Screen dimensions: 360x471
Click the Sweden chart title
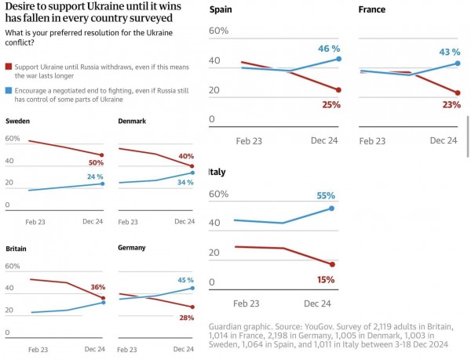pyautogui.click(x=19, y=121)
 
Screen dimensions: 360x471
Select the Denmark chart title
pyautogui.click(x=132, y=121)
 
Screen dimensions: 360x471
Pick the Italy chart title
pyautogui.click(x=217, y=172)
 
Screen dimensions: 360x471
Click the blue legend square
pyautogui.click(x=9, y=91)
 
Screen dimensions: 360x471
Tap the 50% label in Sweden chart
pyautogui.click(x=96, y=162)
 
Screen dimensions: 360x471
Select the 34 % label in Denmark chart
pyautogui.click(x=185, y=183)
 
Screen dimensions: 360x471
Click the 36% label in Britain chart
pyautogui.click(x=97, y=287)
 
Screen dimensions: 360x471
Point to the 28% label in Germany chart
pyautogui.click(x=185, y=317)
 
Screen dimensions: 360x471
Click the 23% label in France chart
pyautogui.click(x=451, y=104)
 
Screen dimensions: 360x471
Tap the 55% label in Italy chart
pyautogui.click(x=326, y=195)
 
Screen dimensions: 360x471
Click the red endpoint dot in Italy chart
pyautogui.click(x=332, y=264)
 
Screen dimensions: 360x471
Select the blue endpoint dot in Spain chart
pyautogui.click(x=338, y=59)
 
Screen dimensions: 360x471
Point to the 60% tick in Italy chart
pyautogui.click(x=219, y=194)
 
